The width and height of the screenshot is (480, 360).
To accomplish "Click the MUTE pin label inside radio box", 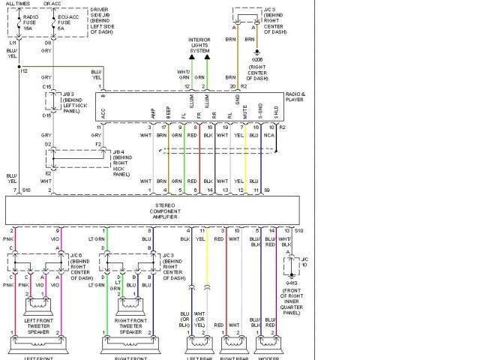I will (243, 112).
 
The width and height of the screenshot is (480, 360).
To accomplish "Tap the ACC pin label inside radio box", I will (103, 112).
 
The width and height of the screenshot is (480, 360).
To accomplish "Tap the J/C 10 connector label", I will (303, 262).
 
